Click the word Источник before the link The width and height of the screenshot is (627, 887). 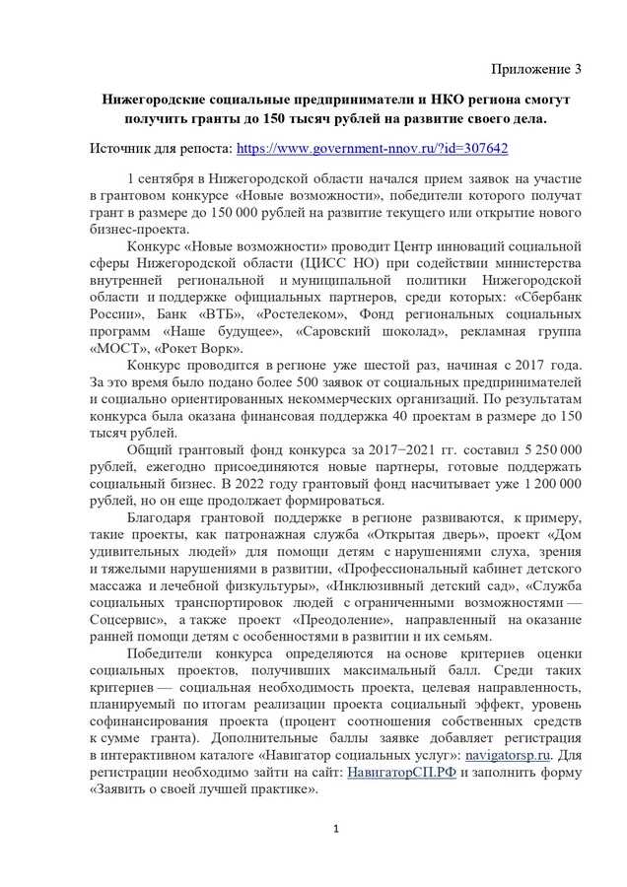[x=124, y=147]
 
